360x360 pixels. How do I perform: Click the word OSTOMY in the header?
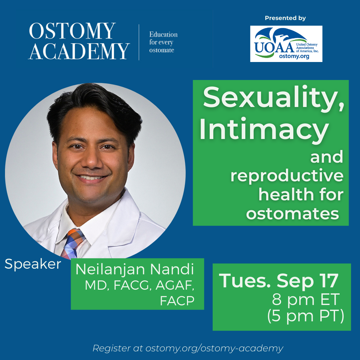pos(72,31)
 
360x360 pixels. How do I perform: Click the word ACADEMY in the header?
pos(79,51)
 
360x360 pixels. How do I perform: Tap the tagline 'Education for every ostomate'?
pos(163,42)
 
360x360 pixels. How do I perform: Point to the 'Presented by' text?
pos(285,18)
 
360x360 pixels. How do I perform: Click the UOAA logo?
pos(286,44)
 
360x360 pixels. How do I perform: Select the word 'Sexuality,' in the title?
pos(273,97)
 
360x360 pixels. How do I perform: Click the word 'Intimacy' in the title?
pos(264,129)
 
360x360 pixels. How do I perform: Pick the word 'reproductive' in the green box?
pos(287,176)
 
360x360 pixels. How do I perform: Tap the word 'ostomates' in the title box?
pos(293,214)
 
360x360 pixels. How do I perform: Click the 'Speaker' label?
pos(33,264)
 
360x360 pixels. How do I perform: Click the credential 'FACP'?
pos(177,301)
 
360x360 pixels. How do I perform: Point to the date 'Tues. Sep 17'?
pos(279,280)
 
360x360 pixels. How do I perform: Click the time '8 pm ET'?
pos(306,299)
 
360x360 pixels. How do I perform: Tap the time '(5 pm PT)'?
pos(306,316)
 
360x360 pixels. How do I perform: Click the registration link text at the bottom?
pos(188,348)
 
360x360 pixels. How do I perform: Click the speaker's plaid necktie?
pos(72,243)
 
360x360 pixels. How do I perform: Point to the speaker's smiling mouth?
pos(91,178)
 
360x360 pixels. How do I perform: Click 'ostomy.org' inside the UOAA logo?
pos(294,56)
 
